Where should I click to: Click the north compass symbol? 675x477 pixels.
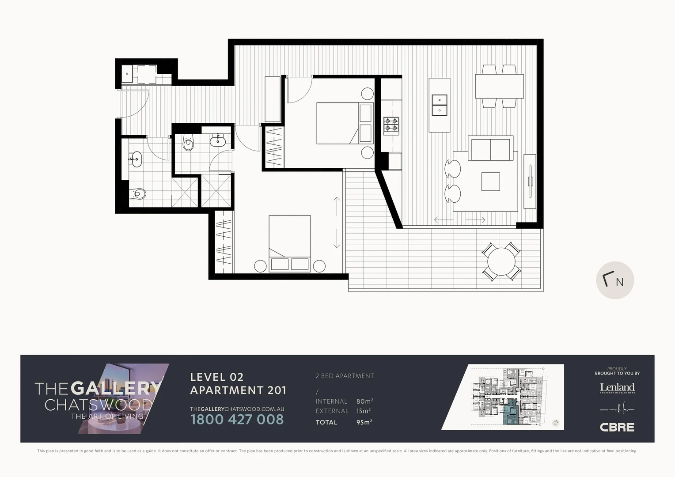click(x=615, y=280)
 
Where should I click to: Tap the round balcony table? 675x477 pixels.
click(x=501, y=261)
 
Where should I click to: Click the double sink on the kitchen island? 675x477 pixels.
click(x=439, y=105)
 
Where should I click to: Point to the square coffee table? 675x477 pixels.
click(x=490, y=181)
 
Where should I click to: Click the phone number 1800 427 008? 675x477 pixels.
click(x=237, y=419)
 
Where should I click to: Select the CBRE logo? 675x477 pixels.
click(x=617, y=427)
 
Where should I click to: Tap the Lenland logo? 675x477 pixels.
click(x=617, y=388)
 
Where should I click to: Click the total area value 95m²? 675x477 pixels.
click(x=364, y=422)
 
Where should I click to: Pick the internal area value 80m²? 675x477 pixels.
click(x=364, y=401)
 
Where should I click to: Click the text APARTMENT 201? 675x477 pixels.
click(x=238, y=390)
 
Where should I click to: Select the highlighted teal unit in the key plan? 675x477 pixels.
click(x=512, y=411)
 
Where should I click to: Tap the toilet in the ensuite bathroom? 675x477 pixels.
click(x=189, y=143)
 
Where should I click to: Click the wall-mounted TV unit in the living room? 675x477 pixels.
click(x=530, y=181)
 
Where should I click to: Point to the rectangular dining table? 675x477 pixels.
click(x=499, y=87)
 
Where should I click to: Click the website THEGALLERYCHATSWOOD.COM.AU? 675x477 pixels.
click(x=237, y=409)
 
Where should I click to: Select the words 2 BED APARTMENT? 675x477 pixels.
click(x=345, y=376)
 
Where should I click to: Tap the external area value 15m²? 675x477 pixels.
click(x=363, y=411)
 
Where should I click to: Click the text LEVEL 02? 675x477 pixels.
click(x=216, y=377)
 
